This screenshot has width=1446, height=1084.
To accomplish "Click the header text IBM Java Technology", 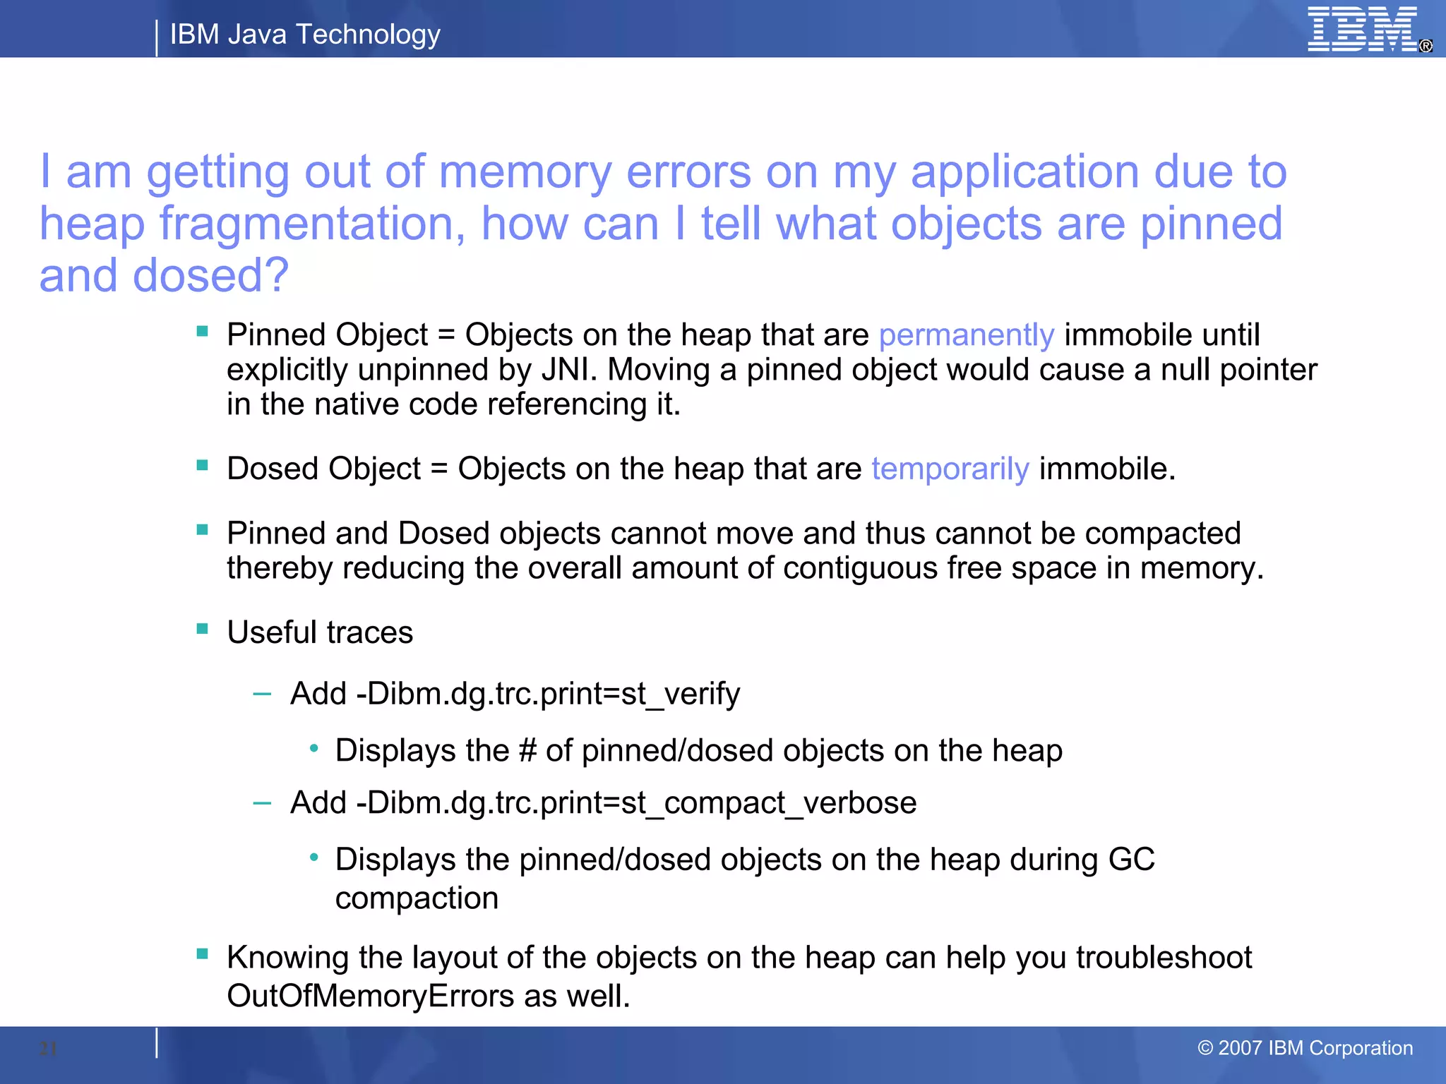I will tap(305, 34).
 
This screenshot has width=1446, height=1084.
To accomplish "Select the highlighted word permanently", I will tap(966, 335).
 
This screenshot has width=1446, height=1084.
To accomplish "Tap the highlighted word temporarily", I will tap(950, 469).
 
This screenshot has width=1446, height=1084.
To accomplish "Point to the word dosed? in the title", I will tap(210, 276).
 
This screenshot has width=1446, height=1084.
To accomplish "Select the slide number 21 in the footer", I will tap(48, 1049).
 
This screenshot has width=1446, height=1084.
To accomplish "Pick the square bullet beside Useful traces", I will tap(203, 629).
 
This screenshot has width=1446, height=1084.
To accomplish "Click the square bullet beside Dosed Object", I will tap(203, 465).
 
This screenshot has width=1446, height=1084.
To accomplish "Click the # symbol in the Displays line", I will tap(527, 751).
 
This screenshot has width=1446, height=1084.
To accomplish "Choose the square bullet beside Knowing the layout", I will tap(203, 955).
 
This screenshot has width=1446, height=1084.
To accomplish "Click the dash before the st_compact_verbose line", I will tap(262, 803).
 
